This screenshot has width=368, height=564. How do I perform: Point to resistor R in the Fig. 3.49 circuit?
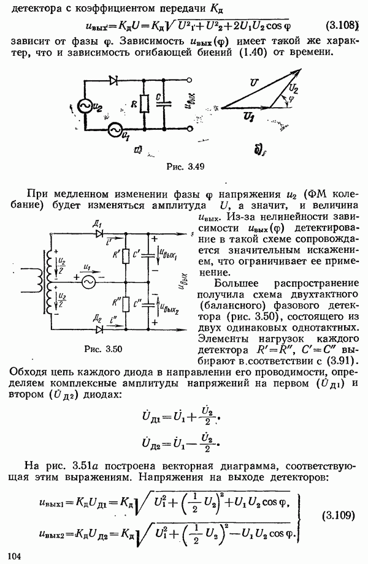click(143, 104)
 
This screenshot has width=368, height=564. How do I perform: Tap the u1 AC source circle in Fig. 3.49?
click(114, 130)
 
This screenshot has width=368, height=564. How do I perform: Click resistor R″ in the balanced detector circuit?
click(126, 304)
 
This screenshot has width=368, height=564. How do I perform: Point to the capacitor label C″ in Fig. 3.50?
click(142, 304)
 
